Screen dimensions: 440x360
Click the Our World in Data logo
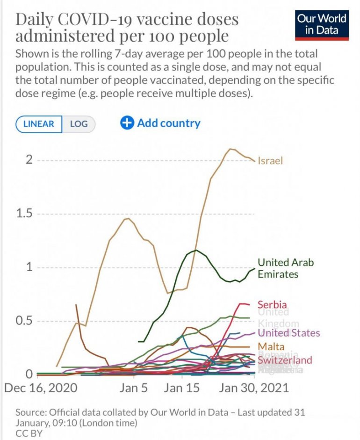point(322,25)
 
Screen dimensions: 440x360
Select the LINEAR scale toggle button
point(39,124)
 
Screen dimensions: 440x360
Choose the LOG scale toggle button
point(79,124)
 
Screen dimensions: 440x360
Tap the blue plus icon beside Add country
point(127,123)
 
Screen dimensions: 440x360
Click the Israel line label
point(271,161)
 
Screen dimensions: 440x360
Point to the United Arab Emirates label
point(286,268)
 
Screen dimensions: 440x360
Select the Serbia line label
point(272,305)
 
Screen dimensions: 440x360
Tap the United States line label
point(289,333)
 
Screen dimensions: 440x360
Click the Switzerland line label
point(285,360)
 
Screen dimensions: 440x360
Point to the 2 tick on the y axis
point(29,160)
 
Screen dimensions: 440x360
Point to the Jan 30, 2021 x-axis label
point(253,388)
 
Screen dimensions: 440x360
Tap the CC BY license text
point(29,433)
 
